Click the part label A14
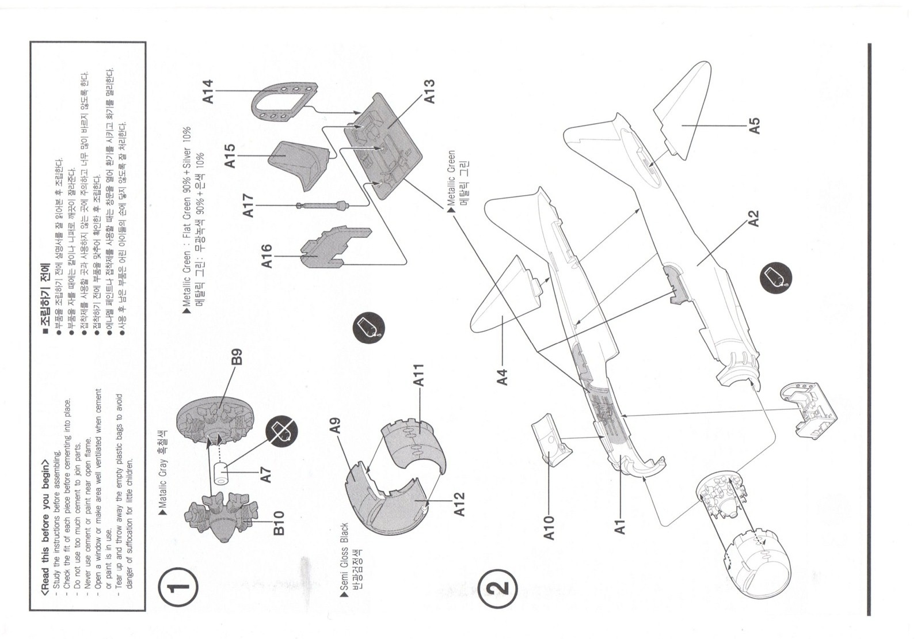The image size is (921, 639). [x=208, y=92]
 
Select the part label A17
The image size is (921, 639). [x=248, y=206]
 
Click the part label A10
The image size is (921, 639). [x=549, y=527]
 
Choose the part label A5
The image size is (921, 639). [x=755, y=125]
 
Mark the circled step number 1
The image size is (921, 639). [x=178, y=587]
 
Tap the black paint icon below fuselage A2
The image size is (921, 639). [x=775, y=277]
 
